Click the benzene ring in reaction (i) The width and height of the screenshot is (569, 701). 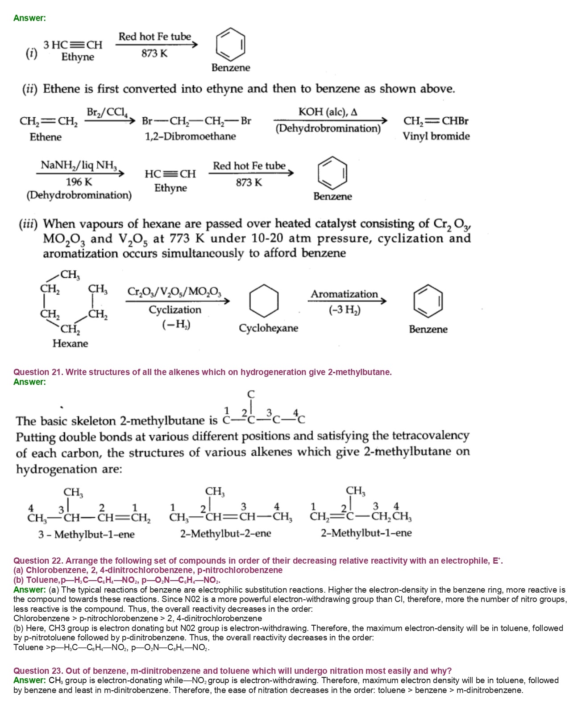231,45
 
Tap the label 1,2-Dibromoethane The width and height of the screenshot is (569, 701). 190,136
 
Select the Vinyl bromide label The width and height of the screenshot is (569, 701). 436,136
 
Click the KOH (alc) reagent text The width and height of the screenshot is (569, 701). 328,112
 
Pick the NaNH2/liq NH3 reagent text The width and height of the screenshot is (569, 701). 79,165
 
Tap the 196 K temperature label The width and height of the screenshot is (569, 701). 79,182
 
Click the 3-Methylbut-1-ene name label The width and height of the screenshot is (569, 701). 86,534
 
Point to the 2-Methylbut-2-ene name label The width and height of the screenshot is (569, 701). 225,533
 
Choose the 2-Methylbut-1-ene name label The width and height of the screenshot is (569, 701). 366,533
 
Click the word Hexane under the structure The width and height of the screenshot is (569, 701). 70,343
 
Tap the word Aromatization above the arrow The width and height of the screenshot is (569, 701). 344,294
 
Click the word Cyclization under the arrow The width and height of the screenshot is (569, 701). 175,309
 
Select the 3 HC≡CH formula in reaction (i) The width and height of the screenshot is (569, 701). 73,45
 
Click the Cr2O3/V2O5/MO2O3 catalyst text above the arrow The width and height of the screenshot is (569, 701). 174,292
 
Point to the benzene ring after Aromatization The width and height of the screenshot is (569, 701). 428,300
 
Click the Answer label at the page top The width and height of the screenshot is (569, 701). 29,18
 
